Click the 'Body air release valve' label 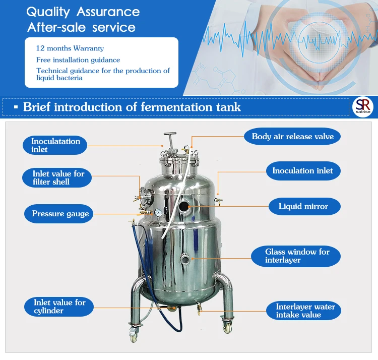289,137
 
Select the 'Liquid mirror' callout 303,206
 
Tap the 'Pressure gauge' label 60,214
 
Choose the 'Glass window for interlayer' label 296,256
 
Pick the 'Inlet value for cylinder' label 59,307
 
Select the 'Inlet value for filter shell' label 58,177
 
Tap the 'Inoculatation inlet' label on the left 55,145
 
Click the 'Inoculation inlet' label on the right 302,171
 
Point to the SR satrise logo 363,107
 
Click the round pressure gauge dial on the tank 158,213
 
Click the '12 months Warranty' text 70,49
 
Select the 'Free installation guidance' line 78,60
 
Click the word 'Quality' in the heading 49,12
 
